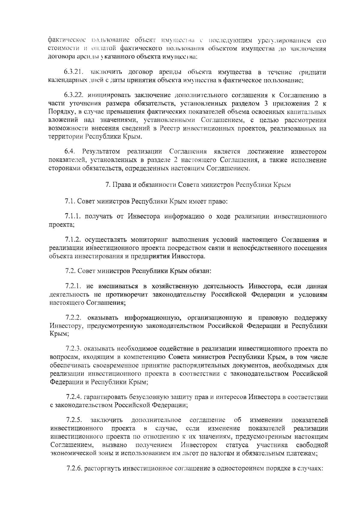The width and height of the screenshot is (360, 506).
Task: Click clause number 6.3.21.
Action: tap(73, 72)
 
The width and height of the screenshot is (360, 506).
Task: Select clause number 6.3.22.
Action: tap(74, 96)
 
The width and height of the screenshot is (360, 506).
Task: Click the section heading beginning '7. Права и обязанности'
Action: tap(198, 185)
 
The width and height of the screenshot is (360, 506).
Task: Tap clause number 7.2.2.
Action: tap(74, 318)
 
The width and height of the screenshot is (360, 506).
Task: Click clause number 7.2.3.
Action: tap(74, 349)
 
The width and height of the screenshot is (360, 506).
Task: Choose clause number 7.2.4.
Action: tap(74, 397)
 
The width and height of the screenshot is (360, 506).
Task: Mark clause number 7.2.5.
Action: tap(74, 420)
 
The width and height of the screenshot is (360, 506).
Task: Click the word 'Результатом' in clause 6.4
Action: tap(102, 151)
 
